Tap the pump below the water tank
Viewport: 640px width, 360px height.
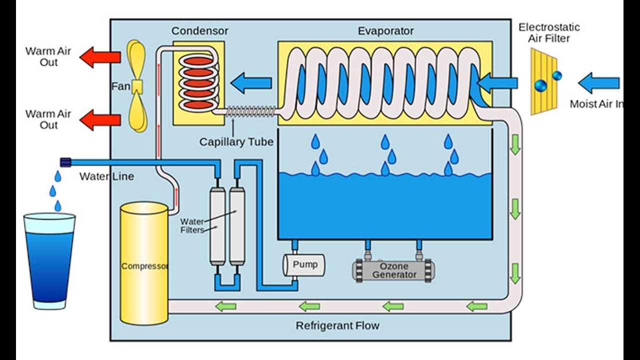(304, 265)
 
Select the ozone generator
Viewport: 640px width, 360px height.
(394, 270)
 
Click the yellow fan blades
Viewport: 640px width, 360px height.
(136, 86)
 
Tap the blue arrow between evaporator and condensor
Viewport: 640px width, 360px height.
(251, 82)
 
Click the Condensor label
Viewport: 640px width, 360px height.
(199, 31)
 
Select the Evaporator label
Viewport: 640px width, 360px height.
(385, 31)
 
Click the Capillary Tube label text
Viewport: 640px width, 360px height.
(236, 142)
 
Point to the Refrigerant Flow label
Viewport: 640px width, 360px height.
(337, 326)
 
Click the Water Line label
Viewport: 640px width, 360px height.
(106, 176)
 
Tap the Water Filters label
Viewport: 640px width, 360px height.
(192, 225)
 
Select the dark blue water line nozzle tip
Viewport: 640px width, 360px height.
(65, 161)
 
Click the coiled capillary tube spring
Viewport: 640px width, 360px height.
(250, 111)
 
